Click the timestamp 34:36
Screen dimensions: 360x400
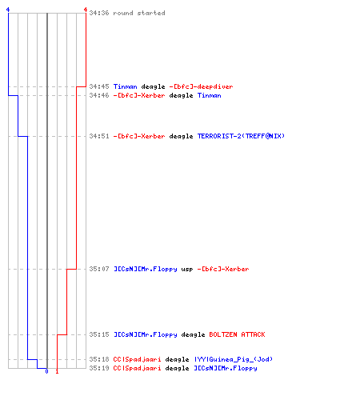click(99, 13)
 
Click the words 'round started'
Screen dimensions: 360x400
click(139, 13)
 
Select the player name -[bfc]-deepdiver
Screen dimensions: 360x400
click(201, 86)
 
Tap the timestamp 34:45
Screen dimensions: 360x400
click(99, 86)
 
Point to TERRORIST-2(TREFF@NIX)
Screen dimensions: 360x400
click(241, 136)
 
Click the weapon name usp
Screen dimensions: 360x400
click(187, 270)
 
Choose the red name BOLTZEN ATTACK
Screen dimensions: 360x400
click(237, 334)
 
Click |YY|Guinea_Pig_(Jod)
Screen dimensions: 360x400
click(234, 359)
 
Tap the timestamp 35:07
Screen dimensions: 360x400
click(99, 269)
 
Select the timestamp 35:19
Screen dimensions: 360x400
click(99, 368)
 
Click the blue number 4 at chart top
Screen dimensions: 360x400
click(8, 10)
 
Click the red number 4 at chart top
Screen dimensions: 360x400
click(86, 10)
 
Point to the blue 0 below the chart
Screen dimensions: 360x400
click(46, 371)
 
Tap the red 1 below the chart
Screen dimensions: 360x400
click(57, 371)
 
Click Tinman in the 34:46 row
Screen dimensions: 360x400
click(209, 95)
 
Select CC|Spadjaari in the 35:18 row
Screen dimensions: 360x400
click(137, 360)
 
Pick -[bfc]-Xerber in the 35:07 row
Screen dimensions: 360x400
click(223, 269)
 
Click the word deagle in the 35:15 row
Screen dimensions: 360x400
click(193, 335)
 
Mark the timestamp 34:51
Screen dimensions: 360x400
click(99, 136)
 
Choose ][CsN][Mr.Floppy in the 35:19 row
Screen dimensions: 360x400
click(226, 369)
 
